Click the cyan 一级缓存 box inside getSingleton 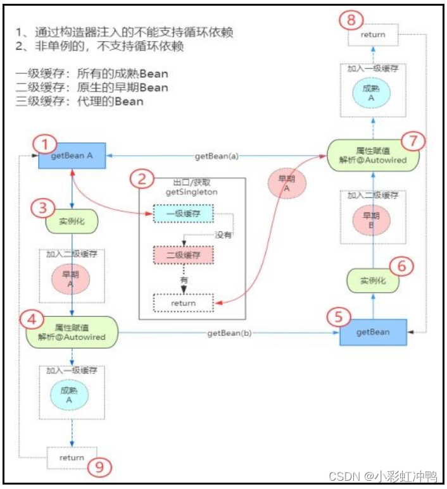click(183, 214)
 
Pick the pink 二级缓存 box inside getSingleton click(183, 255)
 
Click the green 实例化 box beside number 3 click(71, 221)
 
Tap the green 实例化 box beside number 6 click(373, 280)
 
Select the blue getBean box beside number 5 click(372, 332)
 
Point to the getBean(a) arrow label click(216, 156)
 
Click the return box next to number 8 click(372, 34)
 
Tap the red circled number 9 click(99, 467)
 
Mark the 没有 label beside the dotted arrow click(223, 235)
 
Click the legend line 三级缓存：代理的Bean click(79, 101)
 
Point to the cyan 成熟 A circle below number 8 click(372, 92)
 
